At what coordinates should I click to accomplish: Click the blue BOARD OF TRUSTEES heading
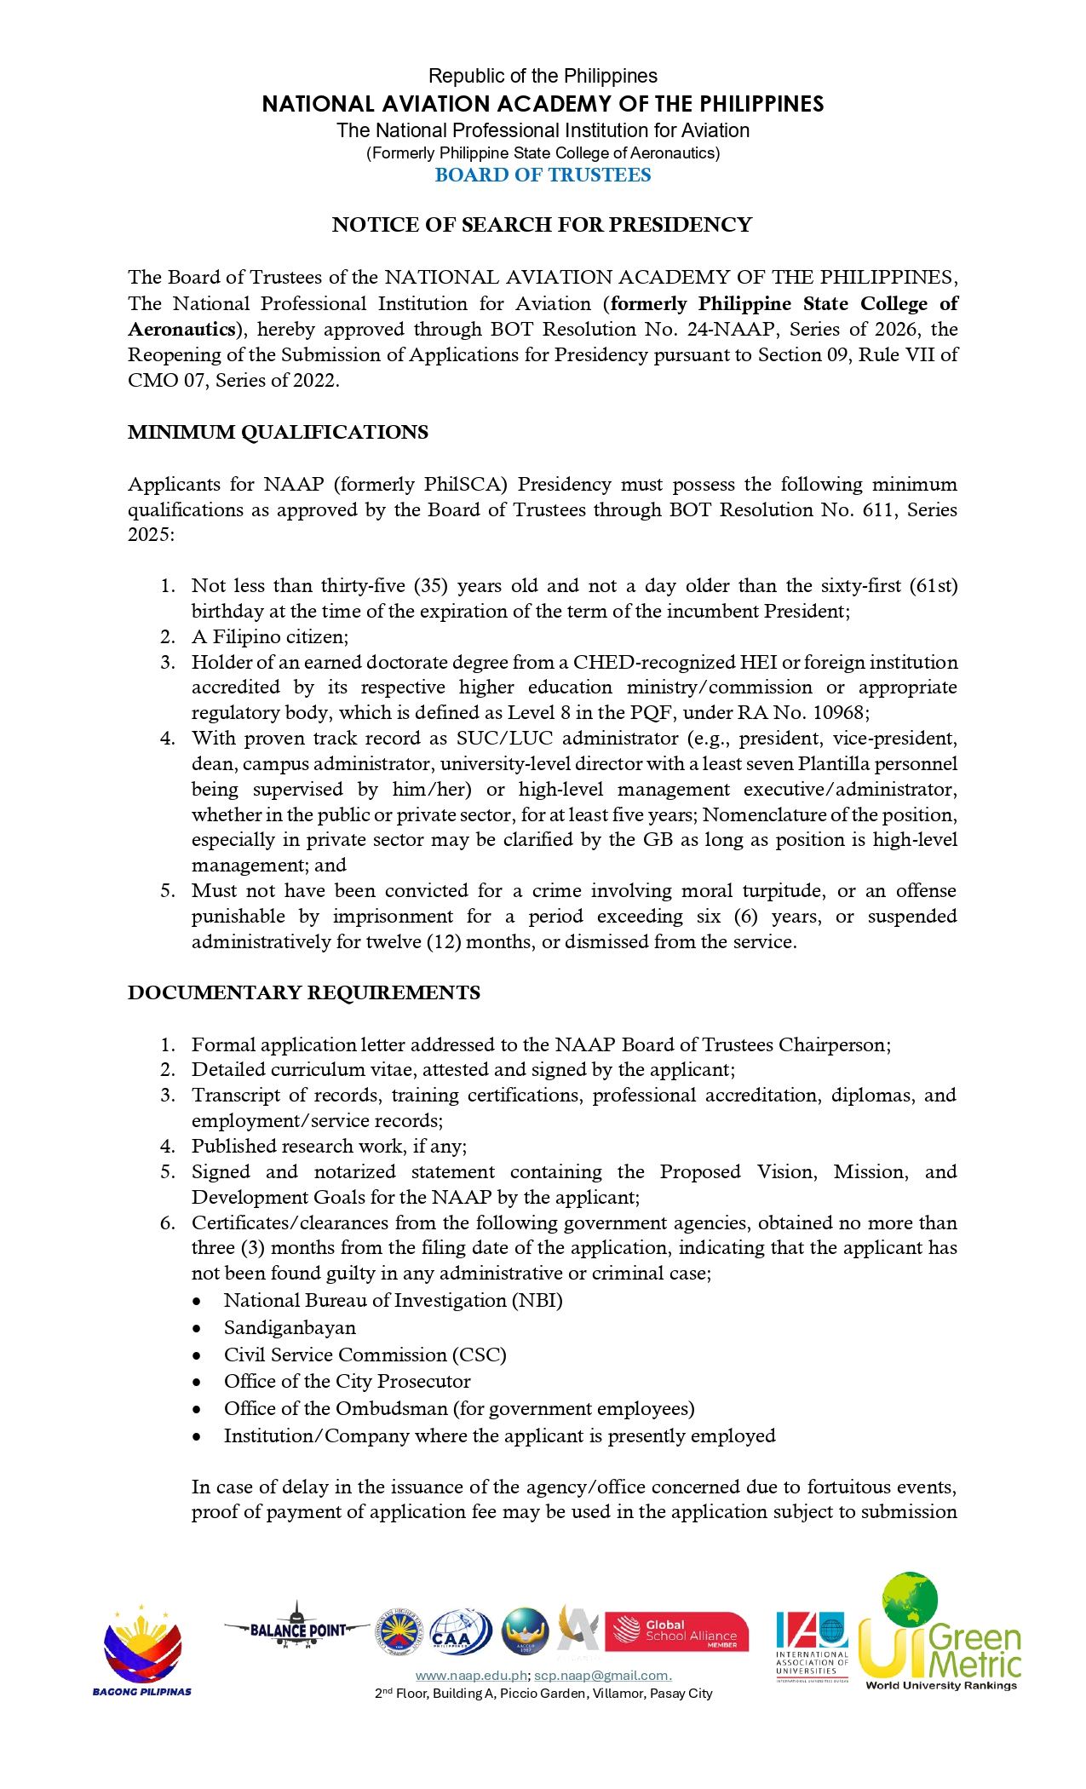click(543, 175)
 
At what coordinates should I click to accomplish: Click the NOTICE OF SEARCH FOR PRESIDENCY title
click(542, 225)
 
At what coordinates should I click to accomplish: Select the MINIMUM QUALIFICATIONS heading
click(278, 432)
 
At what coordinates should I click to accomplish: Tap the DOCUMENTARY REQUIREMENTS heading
click(304, 992)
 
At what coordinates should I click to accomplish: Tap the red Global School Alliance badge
click(676, 1631)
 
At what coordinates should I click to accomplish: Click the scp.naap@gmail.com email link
click(602, 1676)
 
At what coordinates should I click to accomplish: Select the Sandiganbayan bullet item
click(290, 1327)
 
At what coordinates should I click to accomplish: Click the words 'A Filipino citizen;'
click(270, 636)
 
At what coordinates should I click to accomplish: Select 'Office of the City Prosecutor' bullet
click(347, 1381)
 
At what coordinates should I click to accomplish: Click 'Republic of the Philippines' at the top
click(543, 76)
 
